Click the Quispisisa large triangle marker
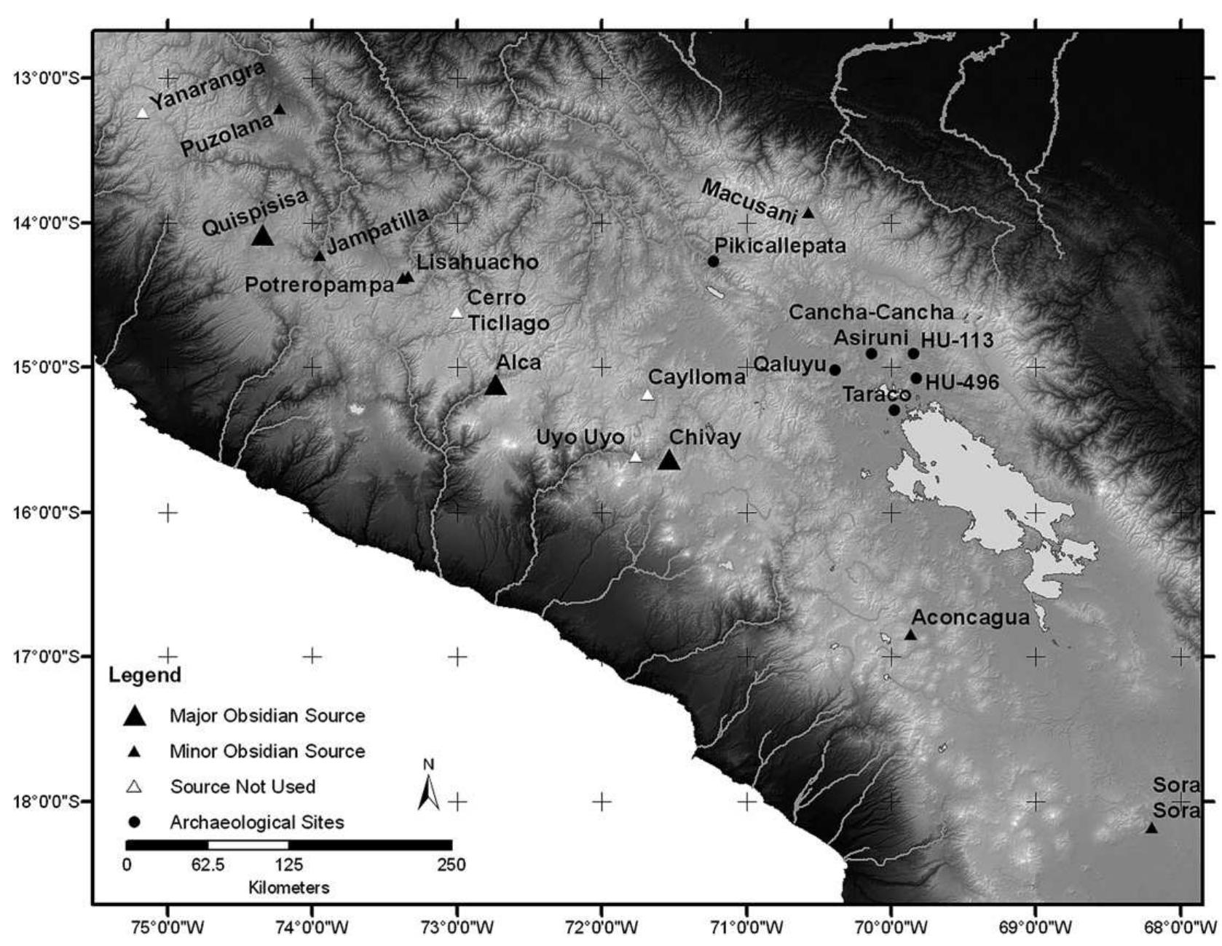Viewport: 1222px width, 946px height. [262, 236]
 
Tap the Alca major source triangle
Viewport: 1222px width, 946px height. [495, 385]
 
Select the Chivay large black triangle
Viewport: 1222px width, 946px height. [669, 460]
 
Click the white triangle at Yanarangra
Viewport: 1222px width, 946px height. [143, 113]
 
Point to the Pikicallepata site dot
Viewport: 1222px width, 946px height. [713, 261]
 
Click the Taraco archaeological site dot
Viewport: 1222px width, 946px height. [894, 410]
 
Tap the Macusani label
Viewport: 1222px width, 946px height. [749, 200]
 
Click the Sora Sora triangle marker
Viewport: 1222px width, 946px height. [1151, 828]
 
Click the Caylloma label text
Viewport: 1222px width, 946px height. [696, 377]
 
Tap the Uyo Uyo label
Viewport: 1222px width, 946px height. [580, 438]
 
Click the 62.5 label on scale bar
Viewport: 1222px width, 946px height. [208, 865]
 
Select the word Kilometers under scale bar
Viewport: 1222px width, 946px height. [288, 888]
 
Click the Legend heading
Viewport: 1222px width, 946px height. [145, 675]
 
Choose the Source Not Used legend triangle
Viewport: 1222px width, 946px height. [135, 787]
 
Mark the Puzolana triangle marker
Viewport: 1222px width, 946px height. [280, 109]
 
